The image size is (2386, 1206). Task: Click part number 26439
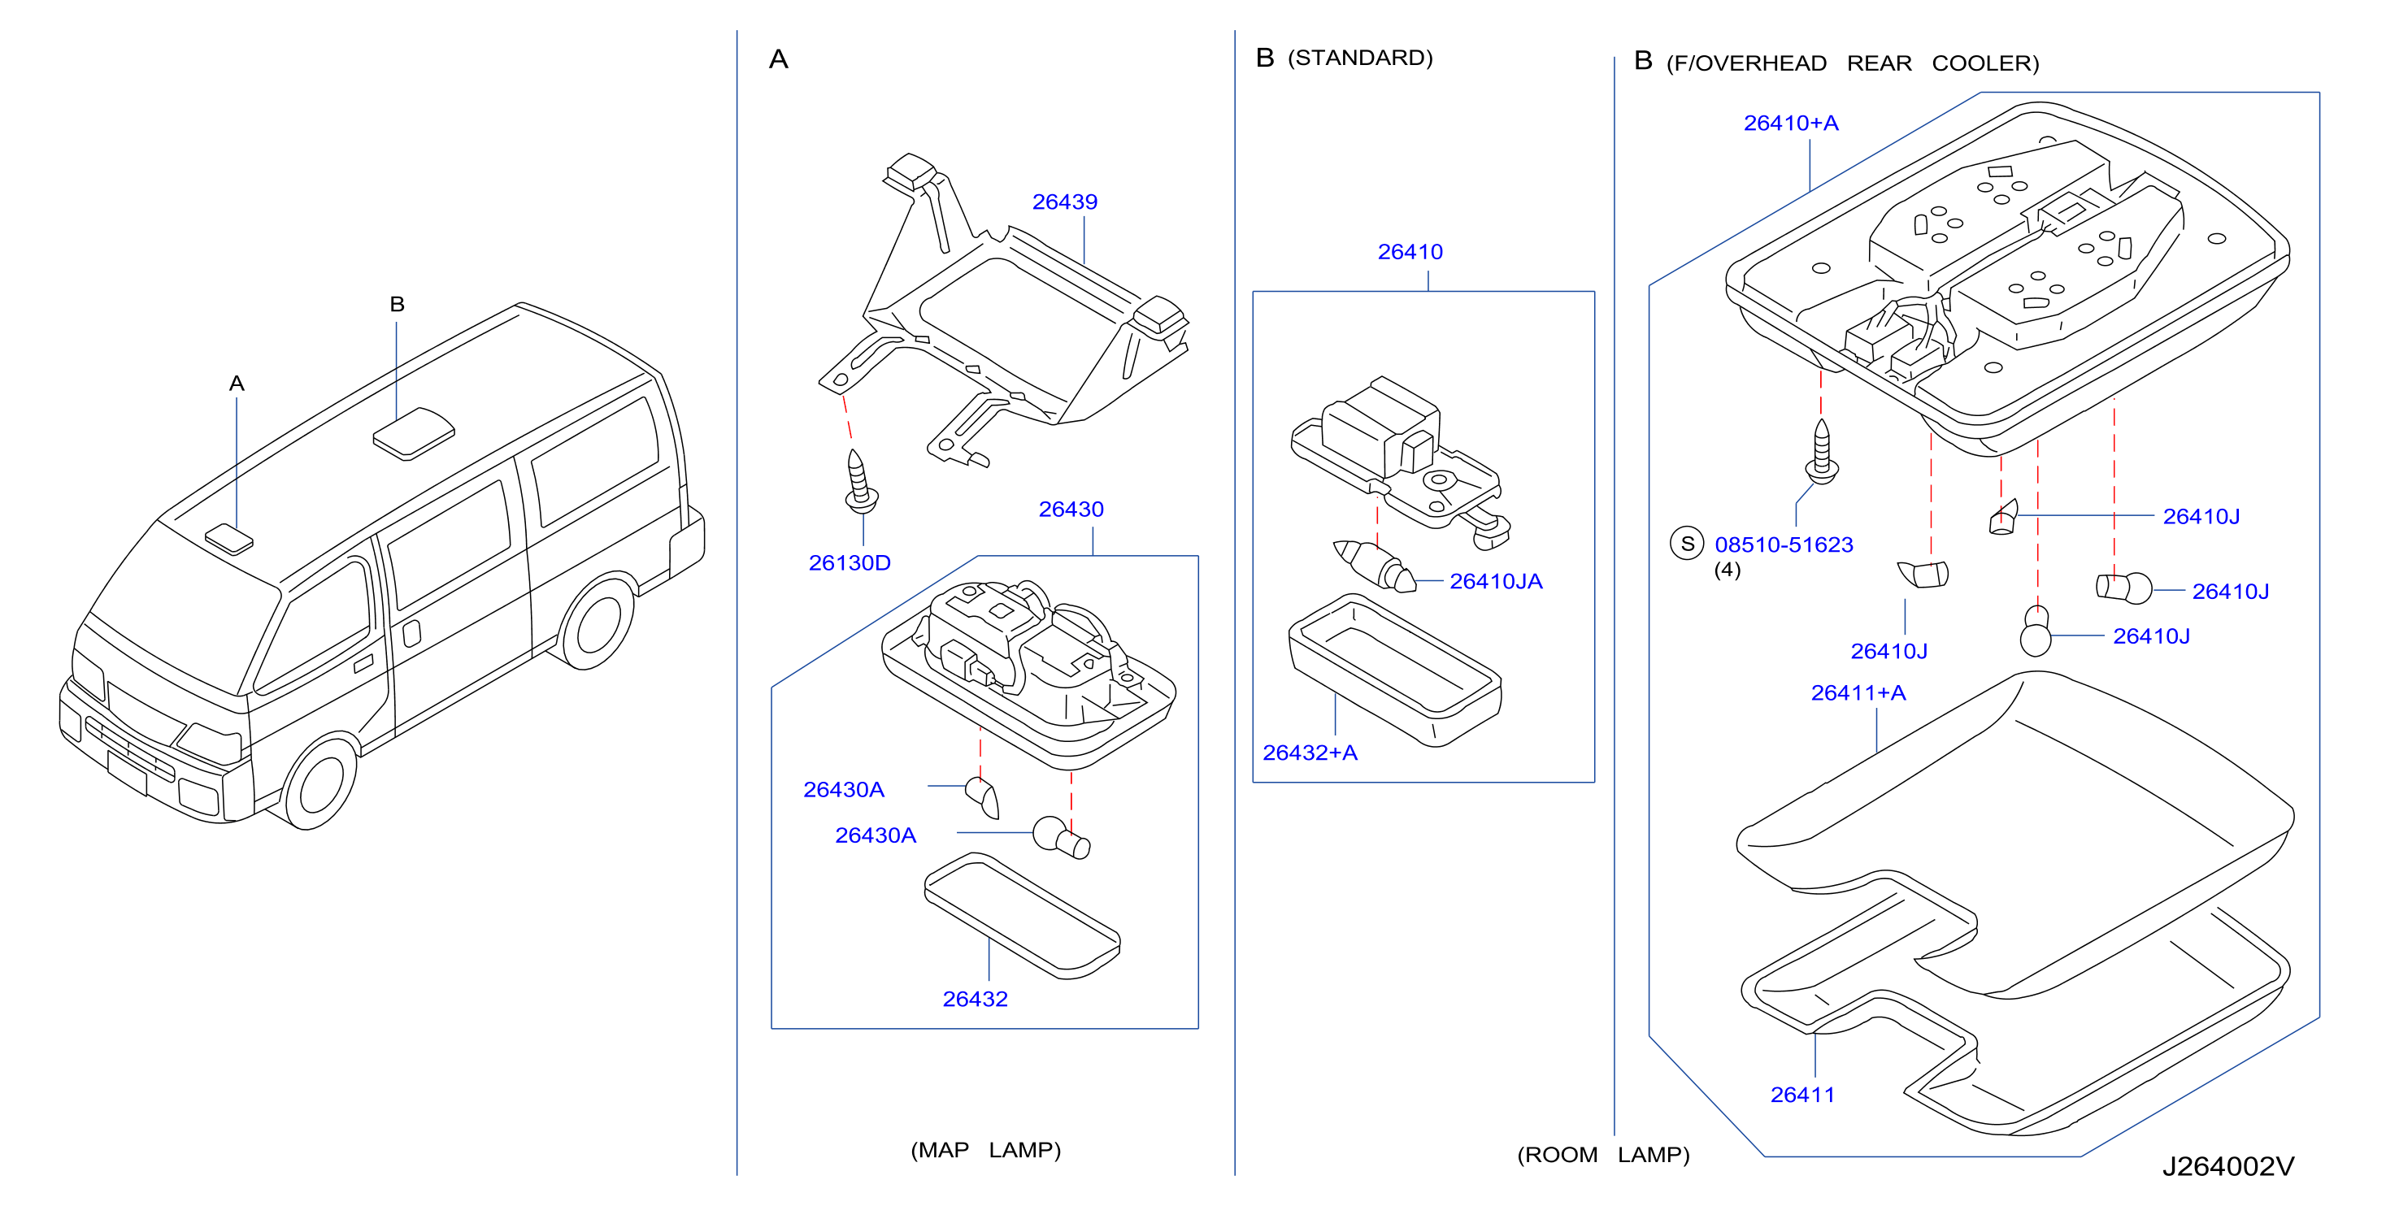1064,202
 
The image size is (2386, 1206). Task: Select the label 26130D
850,563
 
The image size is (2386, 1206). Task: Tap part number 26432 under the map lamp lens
975,1000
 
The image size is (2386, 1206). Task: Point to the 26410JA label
1496,582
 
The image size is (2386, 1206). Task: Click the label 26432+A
1310,753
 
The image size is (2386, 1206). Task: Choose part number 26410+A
1790,124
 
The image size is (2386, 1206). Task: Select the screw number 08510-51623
1784,544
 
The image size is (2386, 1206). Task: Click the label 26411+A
1858,693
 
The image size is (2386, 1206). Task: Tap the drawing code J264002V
2228,1166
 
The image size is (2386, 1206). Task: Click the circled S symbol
1687,544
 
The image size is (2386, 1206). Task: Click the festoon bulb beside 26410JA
1375,566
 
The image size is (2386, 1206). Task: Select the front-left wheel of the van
319,782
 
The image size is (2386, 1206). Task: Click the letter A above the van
237,384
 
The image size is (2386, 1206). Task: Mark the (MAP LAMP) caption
985,1151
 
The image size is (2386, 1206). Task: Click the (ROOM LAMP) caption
1603,1155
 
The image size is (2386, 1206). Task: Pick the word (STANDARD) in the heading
1360,59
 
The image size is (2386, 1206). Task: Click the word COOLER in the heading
1985,64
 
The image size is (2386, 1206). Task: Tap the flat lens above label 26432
1023,915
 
